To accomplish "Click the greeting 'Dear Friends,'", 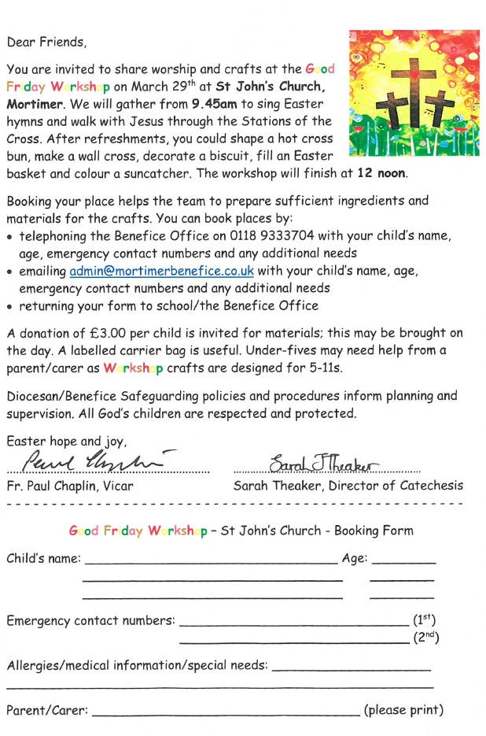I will pos(46,42).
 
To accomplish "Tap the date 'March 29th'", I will pos(152,87).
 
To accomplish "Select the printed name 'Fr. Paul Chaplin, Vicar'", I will pos(69,486).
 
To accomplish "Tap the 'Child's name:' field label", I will pos(43,559).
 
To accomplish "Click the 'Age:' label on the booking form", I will pos(354,559).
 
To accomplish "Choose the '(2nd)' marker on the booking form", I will pos(425,638).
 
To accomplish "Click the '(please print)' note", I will pos(403,710).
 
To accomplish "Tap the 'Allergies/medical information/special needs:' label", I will pos(136,666).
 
